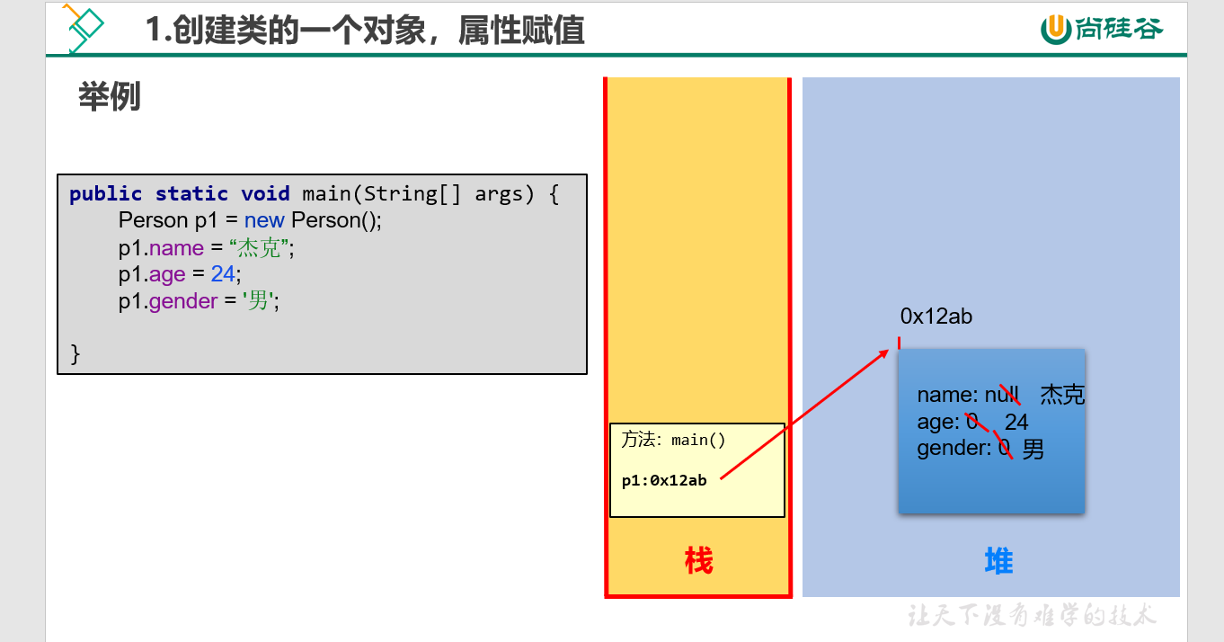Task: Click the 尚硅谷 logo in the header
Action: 1102,29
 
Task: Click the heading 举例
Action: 110,97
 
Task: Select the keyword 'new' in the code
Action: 264,220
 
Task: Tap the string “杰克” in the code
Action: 262,247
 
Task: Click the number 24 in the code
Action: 224,274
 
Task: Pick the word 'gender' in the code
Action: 183,301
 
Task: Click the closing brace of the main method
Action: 75,353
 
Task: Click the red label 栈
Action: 698,561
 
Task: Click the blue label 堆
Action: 998,561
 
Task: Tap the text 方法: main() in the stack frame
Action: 673,440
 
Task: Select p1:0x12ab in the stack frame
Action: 664,480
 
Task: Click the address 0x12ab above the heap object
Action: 936,317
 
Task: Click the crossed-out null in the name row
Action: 1002,395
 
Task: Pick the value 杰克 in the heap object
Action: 1062,395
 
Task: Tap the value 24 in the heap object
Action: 1016,422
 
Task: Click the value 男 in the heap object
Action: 1033,449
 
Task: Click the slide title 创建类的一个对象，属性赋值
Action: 366,31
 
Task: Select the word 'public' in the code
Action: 105,193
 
